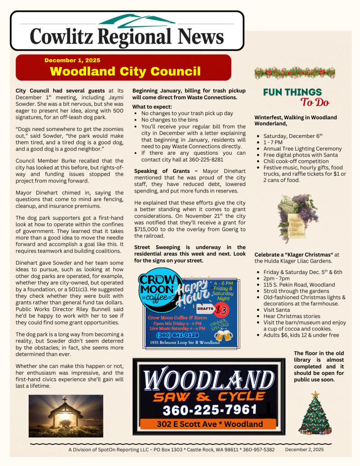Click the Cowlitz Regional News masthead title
click(127, 36)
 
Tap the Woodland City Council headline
click(125, 71)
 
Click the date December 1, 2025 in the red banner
click(72, 60)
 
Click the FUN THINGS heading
click(292, 92)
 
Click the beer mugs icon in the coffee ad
click(223, 336)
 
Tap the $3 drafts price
click(221, 310)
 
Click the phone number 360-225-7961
click(210, 410)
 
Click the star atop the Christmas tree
click(315, 394)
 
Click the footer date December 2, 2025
click(304, 450)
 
